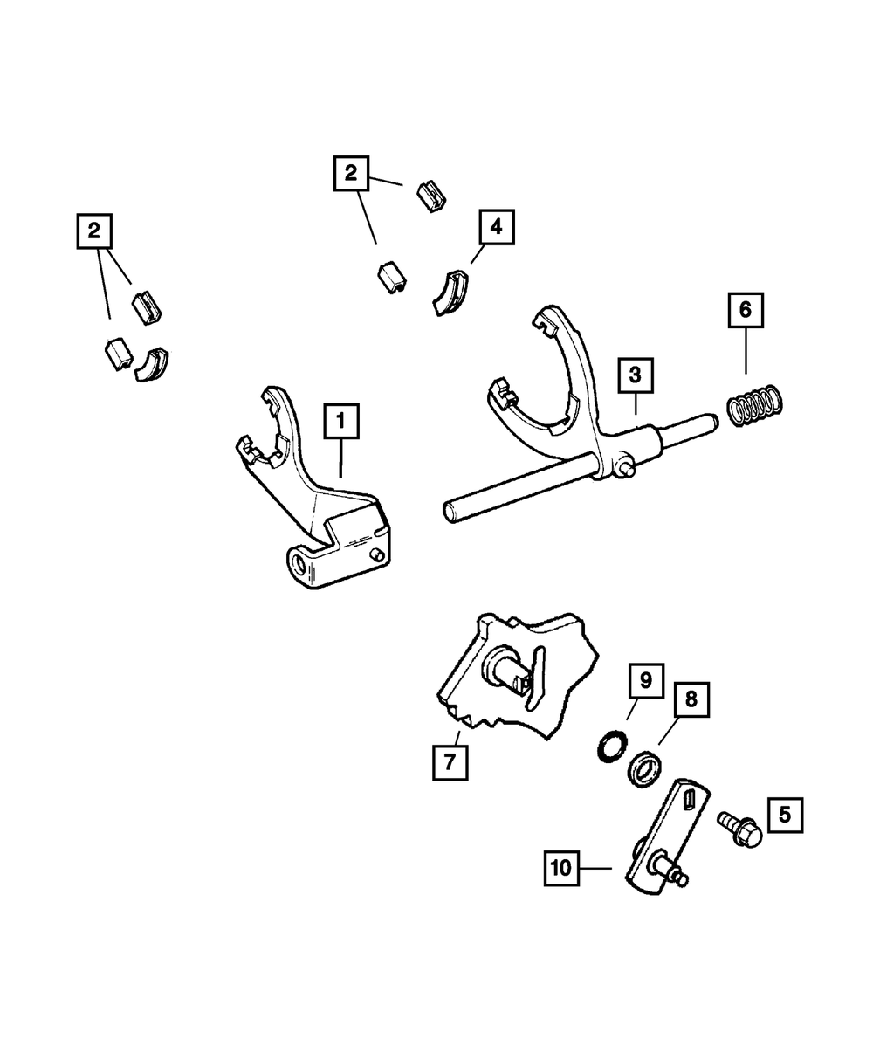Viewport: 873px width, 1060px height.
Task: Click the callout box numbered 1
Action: (341, 421)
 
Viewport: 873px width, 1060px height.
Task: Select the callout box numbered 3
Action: (636, 375)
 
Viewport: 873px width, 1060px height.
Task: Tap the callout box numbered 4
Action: (497, 227)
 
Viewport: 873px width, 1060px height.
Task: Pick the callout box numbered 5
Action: (785, 815)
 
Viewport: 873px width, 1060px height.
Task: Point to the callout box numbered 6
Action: (746, 310)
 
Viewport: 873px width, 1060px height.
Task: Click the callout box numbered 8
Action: (691, 699)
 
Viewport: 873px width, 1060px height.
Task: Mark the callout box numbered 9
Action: (646, 681)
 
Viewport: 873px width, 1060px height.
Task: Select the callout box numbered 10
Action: (561, 868)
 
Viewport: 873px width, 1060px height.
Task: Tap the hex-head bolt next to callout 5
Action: (739, 829)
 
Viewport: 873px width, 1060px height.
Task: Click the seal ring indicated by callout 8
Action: (644, 769)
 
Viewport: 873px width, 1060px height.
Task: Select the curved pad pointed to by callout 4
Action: (450, 293)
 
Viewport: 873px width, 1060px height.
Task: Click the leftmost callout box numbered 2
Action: (94, 231)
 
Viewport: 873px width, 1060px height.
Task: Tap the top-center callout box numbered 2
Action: (351, 173)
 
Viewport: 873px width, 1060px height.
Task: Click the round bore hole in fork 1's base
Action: (298, 564)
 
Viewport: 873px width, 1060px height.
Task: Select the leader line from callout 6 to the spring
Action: (746, 350)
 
